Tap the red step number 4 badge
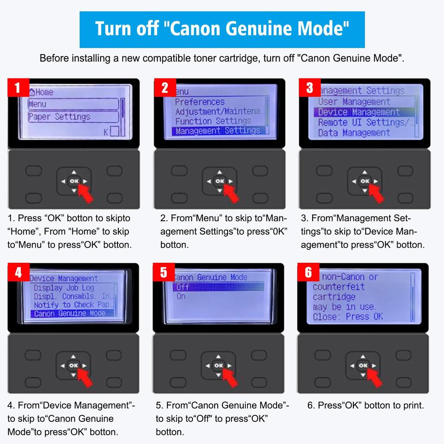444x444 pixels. (18, 273)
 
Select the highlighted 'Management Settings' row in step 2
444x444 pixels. (218, 131)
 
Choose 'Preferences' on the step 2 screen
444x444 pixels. (200, 102)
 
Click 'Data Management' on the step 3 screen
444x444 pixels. (354, 133)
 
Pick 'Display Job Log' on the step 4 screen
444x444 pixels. (64, 288)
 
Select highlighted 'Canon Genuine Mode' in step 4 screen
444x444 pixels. (69, 313)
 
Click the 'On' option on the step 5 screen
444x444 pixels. (181, 297)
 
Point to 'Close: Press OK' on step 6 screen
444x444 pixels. (348, 317)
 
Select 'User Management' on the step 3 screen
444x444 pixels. (354, 102)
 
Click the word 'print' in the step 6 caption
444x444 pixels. (414, 405)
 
